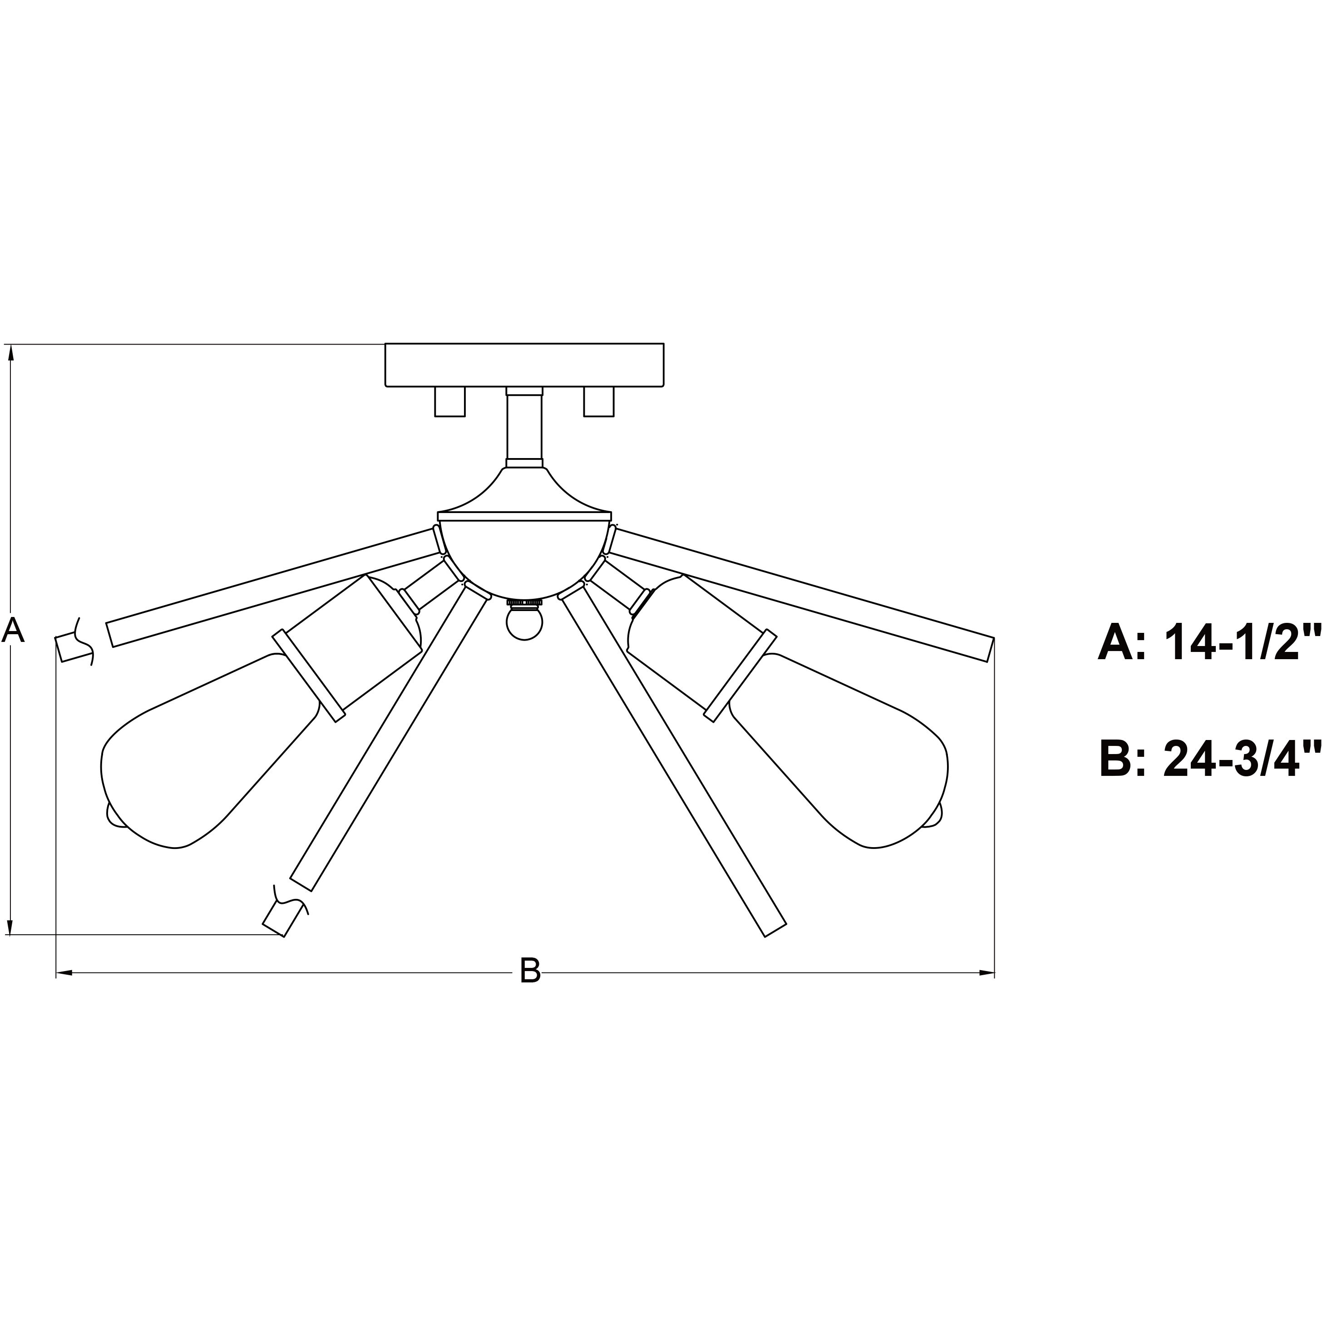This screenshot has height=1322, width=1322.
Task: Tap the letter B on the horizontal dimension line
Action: pyautogui.click(x=530, y=970)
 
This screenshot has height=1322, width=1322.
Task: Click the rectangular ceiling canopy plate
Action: pyautogui.click(x=524, y=365)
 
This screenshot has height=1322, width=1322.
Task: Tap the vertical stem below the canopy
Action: pyautogui.click(x=524, y=427)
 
